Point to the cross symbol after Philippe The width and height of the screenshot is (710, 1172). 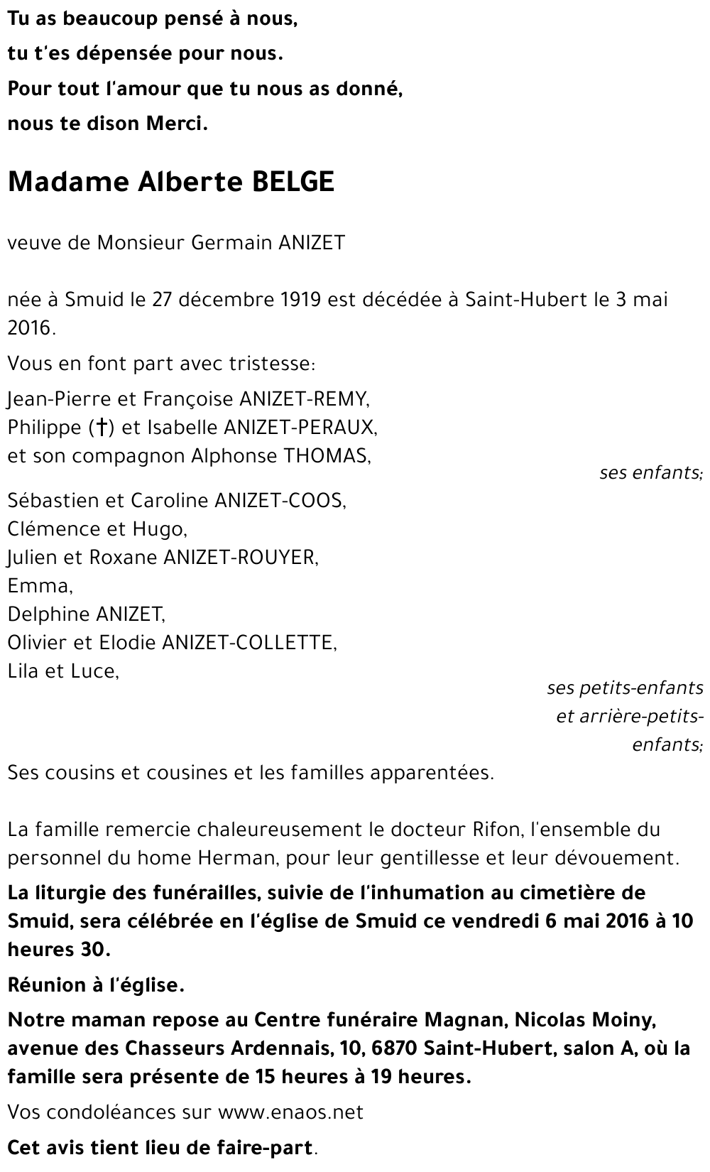point(103,428)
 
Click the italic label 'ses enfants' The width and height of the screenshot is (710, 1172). point(650,472)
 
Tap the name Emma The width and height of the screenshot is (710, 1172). point(40,586)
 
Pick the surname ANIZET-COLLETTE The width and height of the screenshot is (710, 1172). point(249,643)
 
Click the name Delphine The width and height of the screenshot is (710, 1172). point(48,614)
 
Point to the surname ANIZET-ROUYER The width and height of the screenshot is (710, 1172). point(241,558)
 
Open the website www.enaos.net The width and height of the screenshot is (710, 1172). point(290,1112)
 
